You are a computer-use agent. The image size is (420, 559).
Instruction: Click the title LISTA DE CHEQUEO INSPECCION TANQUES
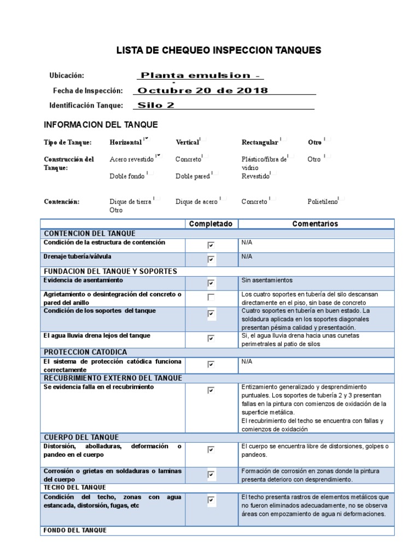(x=219, y=51)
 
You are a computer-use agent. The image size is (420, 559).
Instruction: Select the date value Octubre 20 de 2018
(x=202, y=91)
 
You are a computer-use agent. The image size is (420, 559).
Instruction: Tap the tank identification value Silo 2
(x=156, y=105)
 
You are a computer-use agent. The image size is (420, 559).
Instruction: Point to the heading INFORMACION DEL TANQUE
(x=101, y=124)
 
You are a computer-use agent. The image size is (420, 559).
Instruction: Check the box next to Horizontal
(x=145, y=140)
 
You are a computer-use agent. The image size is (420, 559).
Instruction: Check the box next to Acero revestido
(x=158, y=157)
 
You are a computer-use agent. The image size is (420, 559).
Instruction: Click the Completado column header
(x=211, y=224)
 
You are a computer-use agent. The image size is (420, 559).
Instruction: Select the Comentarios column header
(x=315, y=224)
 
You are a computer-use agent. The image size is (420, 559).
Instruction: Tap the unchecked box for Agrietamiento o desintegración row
(x=211, y=298)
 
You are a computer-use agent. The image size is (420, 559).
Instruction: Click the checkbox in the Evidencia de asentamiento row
(x=211, y=283)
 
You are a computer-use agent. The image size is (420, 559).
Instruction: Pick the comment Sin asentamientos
(x=267, y=281)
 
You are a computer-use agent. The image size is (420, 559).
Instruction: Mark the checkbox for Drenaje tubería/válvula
(x=211, y=260)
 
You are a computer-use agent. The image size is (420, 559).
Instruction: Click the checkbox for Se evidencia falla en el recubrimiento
(x=211, y=390)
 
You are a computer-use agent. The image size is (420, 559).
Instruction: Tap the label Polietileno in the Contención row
(x=323, y=202)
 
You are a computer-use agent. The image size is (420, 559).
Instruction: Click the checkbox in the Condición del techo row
(x=211, y=499)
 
